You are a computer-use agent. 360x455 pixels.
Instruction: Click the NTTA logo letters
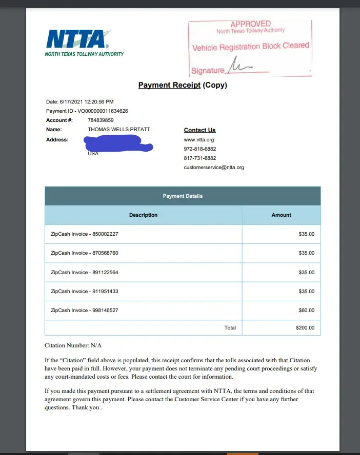point(77,39)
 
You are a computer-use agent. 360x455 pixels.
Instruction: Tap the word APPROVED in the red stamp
point(250,24)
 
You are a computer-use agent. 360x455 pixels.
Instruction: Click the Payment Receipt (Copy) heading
point(183,85)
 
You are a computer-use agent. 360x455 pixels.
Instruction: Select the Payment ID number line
point(87,111)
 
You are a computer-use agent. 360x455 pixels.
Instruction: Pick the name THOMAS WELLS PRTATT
point(119,130)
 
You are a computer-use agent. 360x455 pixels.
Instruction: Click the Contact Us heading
point(199,130)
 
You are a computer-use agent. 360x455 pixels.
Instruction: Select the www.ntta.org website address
point(198,139)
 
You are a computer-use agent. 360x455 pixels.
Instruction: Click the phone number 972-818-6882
point(200,149)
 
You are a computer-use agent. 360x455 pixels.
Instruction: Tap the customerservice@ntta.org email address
point(214,168)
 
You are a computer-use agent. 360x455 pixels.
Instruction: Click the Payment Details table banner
point(183,196)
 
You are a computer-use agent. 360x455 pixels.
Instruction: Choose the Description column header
point(143,215)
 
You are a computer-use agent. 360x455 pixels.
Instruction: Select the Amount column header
point(281,215)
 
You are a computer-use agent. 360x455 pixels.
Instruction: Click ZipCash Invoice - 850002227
point(85,234)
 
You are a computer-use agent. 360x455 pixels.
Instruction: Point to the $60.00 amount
point(306,311)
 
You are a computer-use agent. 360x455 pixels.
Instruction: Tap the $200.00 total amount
point(305,327)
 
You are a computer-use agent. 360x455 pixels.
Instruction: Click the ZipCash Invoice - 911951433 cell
point(85,292)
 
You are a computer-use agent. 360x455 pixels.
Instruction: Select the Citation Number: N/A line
point(76,346)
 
